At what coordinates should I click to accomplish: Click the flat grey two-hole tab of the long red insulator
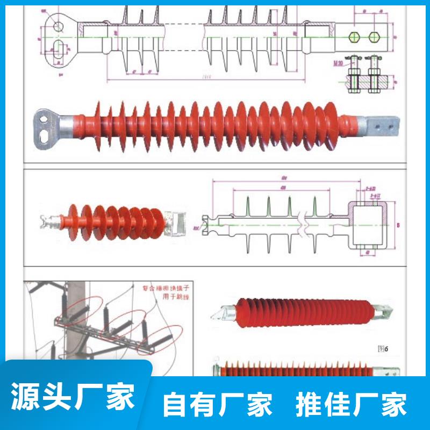(x=382, y=127)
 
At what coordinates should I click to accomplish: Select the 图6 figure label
(x=382, y=348)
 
